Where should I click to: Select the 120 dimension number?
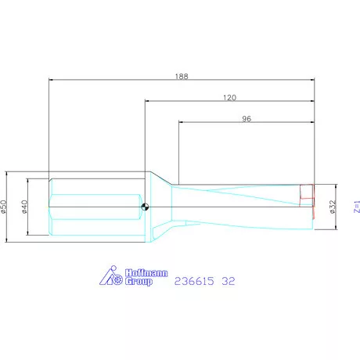(x=230, y=97)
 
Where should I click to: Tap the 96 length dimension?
(x=247, y=118)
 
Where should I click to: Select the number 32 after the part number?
(x=228, y=279)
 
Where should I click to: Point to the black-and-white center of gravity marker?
(x=146, y=207)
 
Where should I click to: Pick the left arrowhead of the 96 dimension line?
(x=181, y=122)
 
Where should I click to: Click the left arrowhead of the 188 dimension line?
(x=50, y=80)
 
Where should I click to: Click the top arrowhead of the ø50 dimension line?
(x=9, y=173)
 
